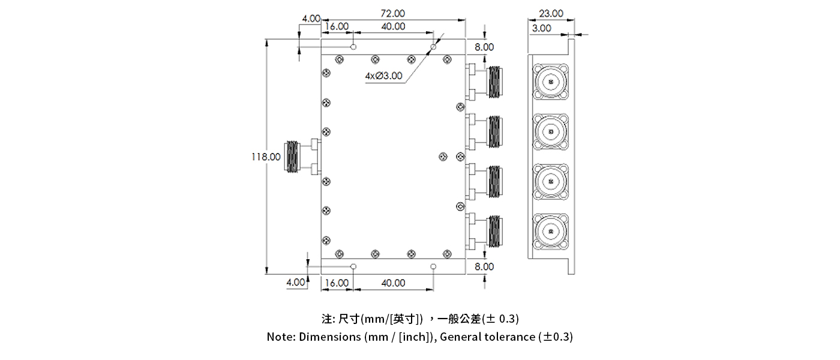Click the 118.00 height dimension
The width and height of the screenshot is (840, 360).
click(x=266, y=157)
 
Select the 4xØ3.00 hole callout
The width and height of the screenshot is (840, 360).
click(x=385, y=76)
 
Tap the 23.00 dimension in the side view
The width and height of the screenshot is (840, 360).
click(x=551, y=13)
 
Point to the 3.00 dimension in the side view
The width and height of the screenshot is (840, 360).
click(x=542, y=28)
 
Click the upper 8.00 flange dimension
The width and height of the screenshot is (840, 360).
click(x=485, y=47)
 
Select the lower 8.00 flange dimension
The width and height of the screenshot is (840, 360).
click(x=485, y=266)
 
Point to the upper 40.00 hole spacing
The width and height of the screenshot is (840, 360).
click(x=393, y=26)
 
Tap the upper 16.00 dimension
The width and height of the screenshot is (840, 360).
click(x=337, y=26)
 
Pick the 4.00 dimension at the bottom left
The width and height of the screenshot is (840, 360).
click(x=295, y=282)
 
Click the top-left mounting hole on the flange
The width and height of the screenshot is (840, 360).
click(x=354, y=47)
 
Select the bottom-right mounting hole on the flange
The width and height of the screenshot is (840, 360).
click(x=434, y=266)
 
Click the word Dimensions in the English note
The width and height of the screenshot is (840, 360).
click(x=329, y=337)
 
